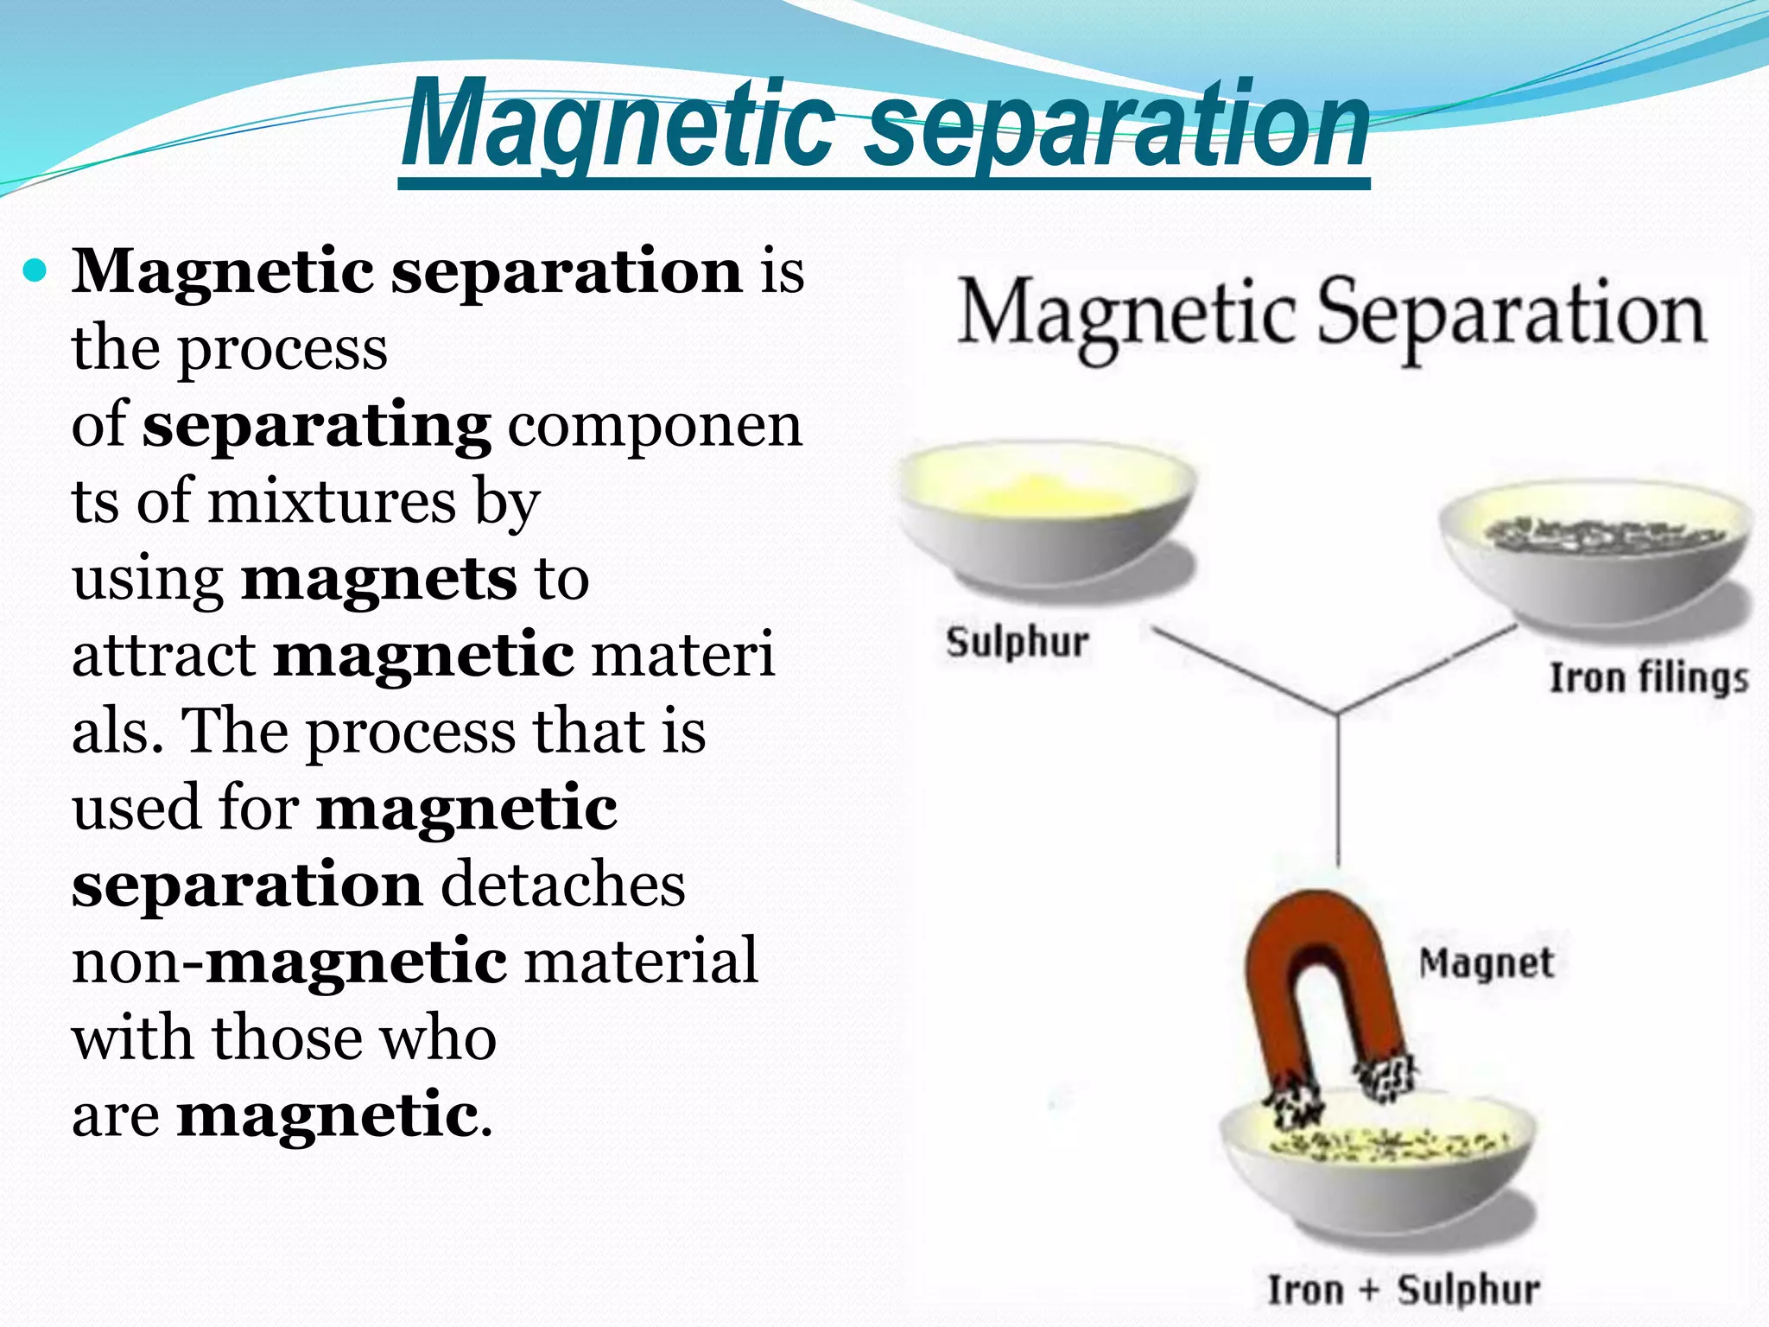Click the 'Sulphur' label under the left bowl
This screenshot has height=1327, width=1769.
pos(1017,643)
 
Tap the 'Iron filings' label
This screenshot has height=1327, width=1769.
pos(1648,678)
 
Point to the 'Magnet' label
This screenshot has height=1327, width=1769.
pos(1486,963)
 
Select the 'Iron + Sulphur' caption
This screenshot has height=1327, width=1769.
pos(1403,1290)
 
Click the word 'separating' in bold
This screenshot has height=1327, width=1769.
pos(316,426)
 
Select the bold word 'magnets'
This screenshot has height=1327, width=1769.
pos(379,579)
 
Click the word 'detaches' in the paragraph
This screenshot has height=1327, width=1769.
pos(563,885)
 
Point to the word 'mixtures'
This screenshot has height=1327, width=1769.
pos(332,501)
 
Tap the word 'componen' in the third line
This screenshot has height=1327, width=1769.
pos(655,426)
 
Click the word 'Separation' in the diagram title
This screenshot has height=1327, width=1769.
pos(1512,315)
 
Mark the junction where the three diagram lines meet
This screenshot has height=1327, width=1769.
pos(1338,714)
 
